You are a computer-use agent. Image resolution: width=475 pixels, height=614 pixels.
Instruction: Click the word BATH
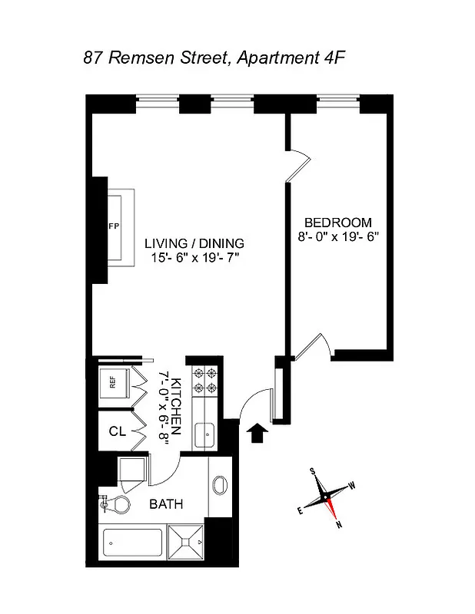(165, 504)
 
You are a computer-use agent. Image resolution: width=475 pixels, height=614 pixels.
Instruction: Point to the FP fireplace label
(113, 227)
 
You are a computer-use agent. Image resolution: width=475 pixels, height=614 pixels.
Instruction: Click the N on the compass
(338, 525)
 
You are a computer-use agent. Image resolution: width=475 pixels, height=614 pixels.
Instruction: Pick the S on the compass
(313, 470)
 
